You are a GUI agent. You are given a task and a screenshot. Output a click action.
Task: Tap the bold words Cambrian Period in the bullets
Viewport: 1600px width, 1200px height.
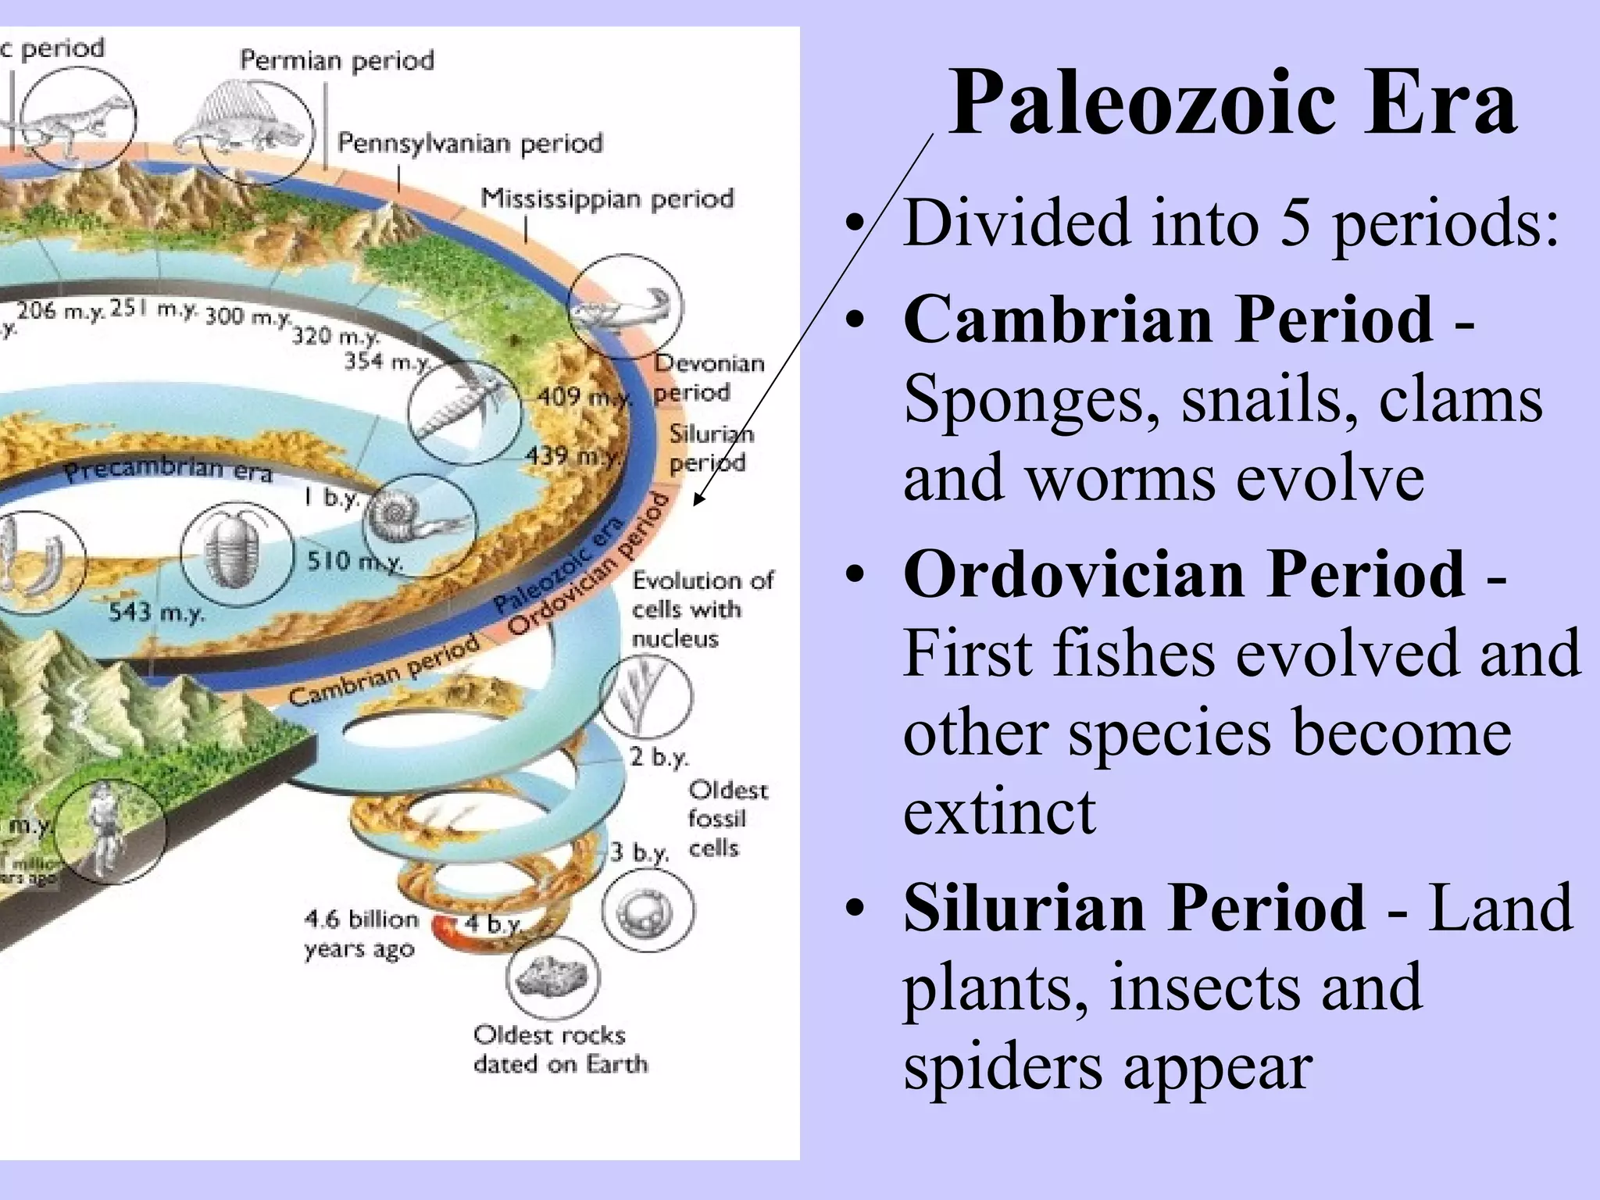click(1168, 320)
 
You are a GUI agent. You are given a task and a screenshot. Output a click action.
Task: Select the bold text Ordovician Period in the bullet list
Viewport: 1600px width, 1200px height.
click(1184, 574)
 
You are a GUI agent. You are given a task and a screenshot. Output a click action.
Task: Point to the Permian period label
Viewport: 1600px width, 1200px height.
click(337, 60)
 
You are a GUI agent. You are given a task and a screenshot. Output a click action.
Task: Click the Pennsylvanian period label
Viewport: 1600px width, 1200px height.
click(470, 143)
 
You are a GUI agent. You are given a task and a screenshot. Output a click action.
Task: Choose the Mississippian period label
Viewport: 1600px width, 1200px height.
click(607, 198)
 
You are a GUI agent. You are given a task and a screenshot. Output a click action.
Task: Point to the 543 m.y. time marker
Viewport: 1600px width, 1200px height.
click(156, 612)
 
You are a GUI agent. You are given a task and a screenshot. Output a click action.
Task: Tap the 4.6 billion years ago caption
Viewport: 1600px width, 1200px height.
click(360, 934)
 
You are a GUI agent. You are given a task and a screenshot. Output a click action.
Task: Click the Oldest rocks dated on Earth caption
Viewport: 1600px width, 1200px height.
click(560, 1049)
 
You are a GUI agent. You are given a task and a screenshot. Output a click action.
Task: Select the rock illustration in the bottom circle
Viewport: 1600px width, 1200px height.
click(552, 977)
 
